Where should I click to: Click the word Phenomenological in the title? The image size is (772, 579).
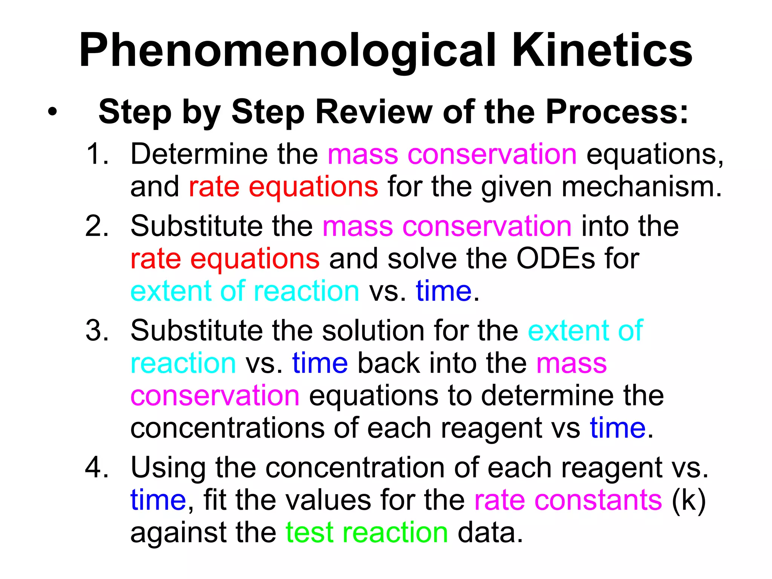click(286, 51)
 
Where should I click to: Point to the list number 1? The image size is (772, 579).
click(97, 154)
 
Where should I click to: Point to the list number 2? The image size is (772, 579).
click(97, 226)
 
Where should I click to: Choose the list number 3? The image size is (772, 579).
click(97, 331)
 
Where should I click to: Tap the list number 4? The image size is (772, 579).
click(97, 467)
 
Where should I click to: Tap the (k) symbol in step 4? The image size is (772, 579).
click(689, 500)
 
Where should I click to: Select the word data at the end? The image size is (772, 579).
click(490, 532)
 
